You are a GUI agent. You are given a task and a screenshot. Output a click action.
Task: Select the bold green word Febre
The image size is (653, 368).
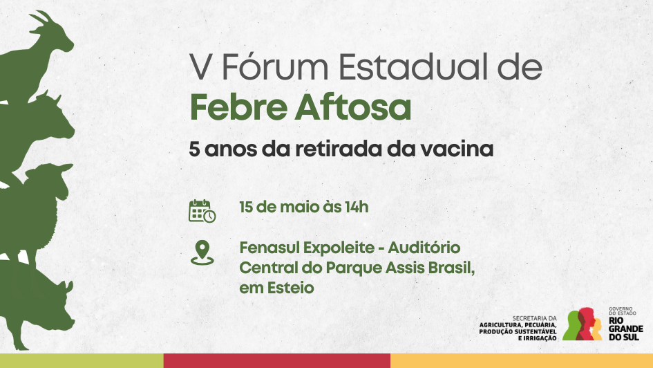coord(238,107)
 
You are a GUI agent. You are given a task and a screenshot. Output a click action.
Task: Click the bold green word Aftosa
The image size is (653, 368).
coord(353,107)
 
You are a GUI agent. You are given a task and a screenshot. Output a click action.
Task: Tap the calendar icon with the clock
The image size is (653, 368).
coord(202,211)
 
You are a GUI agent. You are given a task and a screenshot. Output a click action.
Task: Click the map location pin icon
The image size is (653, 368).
coord(202,252)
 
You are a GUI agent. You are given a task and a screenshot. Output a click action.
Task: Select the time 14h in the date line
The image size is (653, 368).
coord(357,207)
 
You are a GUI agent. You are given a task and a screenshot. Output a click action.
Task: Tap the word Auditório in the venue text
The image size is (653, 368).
coord(424,248)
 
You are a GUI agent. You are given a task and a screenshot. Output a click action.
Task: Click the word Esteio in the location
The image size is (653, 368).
coord(290,288)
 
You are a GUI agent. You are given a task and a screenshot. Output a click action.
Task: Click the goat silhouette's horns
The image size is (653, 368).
coord(41,17)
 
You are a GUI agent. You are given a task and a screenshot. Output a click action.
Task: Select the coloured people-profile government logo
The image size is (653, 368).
coord(583,324)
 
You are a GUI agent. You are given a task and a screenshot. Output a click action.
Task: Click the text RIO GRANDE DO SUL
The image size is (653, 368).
coord(625,329)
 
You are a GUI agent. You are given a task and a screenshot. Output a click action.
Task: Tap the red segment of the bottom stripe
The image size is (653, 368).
coord(277,361)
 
